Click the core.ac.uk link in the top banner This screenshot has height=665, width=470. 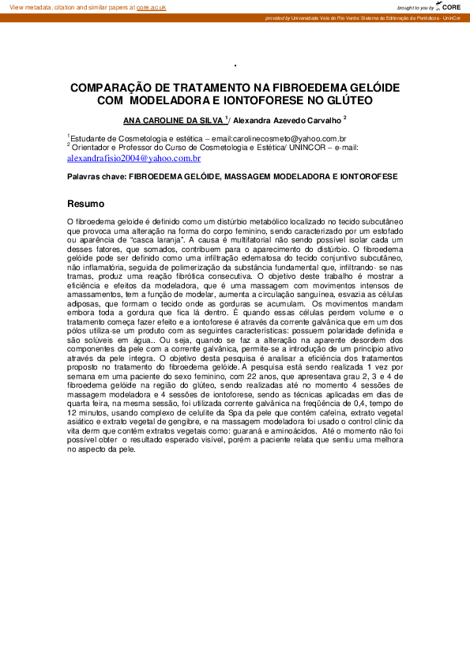[151, 6]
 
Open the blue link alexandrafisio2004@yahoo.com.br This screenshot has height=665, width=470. [133, 158]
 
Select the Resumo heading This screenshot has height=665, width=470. [85, 203]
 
